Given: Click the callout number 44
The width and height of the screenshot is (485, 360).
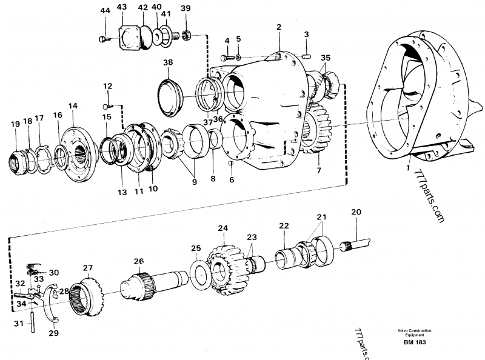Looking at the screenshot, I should [x=105, y=11].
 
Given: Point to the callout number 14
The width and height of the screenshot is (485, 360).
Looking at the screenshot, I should [x=73, y=106].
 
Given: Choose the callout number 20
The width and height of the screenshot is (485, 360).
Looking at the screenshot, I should [x=356, y=212].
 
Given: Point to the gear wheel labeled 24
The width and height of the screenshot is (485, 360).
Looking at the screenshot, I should [x=225, y=267].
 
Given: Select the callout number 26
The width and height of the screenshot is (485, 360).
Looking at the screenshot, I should [x=139, y=261].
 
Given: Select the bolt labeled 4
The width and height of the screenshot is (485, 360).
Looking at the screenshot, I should [x=229, y=57].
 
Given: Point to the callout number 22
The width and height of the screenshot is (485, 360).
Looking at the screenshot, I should [x=284, y=226].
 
